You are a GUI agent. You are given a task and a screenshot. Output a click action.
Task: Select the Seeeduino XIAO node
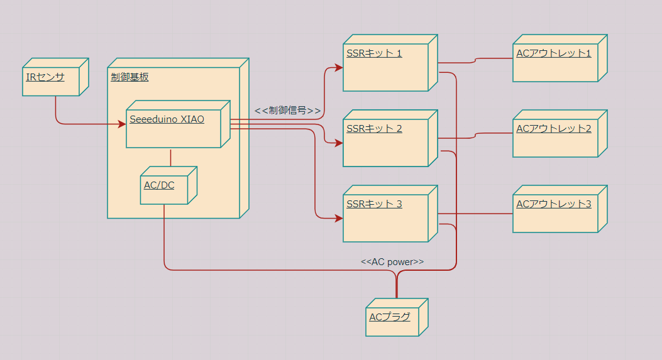pyautogui.click(x=173, y=129)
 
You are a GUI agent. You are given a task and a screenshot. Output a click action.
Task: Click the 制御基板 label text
pyautogui.click(x=130, y=77)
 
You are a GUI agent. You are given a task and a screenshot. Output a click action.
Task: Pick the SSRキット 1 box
pyautogui.click(x=385, y=67)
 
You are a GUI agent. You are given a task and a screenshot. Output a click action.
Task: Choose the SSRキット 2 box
pyautogui.click(x=385, y=143)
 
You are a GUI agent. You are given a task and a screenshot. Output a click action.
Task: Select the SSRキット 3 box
pyautogui.click(x=385, y=218)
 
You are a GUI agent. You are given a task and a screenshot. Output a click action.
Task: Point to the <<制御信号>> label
pyautogui.click(x=287, y=111)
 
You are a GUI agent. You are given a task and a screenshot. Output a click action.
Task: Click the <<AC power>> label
pyautogui.click(x=392, y=262)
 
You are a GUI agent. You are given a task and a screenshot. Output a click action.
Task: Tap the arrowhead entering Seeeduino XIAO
pyautogui.click(x=123, y=124)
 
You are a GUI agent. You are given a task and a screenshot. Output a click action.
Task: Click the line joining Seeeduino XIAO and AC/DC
pyautogui.click(x=171, y=157)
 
